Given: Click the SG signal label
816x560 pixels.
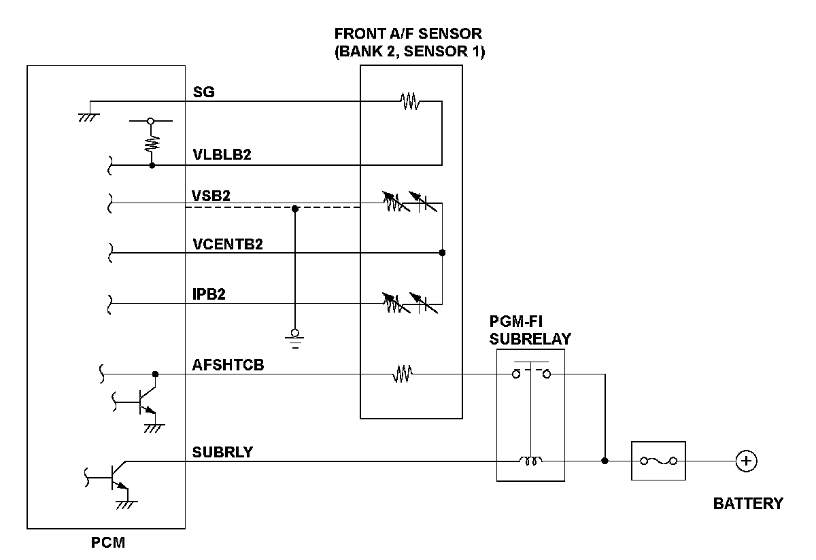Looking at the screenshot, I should (x=204, y=92).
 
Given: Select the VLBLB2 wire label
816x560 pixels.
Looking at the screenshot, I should (x=222, y=155).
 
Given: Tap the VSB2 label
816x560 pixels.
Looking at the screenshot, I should (x=211, y=195).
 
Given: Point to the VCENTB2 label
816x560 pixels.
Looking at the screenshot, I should (x=227, y=244).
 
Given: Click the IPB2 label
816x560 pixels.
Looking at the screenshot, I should (x=209, y=294).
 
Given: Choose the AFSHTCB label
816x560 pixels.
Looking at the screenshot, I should (x=228, y=365).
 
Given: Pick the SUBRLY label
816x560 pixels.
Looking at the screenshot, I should (x=222, y=452).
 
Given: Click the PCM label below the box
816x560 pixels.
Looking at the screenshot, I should (x=108, y=543).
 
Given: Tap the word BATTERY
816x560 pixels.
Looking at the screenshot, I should (x=748, y=504).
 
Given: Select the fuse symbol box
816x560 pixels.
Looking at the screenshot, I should (x=658, y=461).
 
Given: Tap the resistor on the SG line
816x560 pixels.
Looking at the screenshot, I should (x=410, y=102).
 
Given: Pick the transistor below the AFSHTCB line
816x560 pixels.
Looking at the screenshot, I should (x=144, y=401).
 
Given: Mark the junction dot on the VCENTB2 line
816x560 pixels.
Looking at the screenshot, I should (x=442, y=253).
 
